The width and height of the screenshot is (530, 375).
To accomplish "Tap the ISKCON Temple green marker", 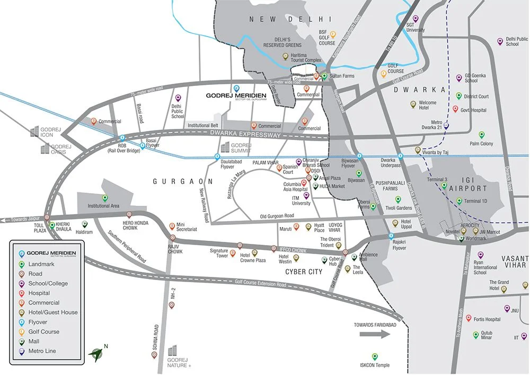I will tap(375, 356).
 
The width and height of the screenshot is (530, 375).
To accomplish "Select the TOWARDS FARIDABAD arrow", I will tap(375, 334).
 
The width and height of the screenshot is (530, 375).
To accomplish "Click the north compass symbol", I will tap(96, 352).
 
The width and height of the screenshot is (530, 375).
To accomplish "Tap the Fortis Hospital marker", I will tap(469, 318).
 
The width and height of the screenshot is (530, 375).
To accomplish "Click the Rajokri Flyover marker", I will tap(391, 236).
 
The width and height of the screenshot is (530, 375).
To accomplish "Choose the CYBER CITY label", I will tap(304, 272).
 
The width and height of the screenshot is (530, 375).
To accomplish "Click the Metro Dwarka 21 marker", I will tap(446, 126).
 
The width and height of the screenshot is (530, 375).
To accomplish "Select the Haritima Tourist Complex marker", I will tap(286, 55).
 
